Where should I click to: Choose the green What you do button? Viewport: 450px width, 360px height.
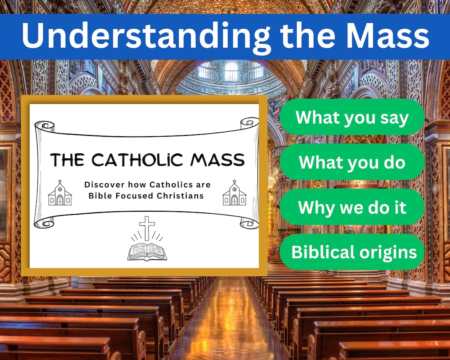tap(352, 162)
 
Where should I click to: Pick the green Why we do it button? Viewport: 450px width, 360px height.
tap(352, 207)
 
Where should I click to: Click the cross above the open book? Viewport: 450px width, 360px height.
tap(147, 227)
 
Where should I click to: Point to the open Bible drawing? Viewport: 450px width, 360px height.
tap(147, 251)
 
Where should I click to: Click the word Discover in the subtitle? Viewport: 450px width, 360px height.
tap(104, 185)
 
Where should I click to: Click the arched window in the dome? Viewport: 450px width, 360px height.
tap(230, 71)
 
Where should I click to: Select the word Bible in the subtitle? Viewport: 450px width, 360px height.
tap(100, 195)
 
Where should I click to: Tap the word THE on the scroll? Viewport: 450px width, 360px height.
tap(68, 160)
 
